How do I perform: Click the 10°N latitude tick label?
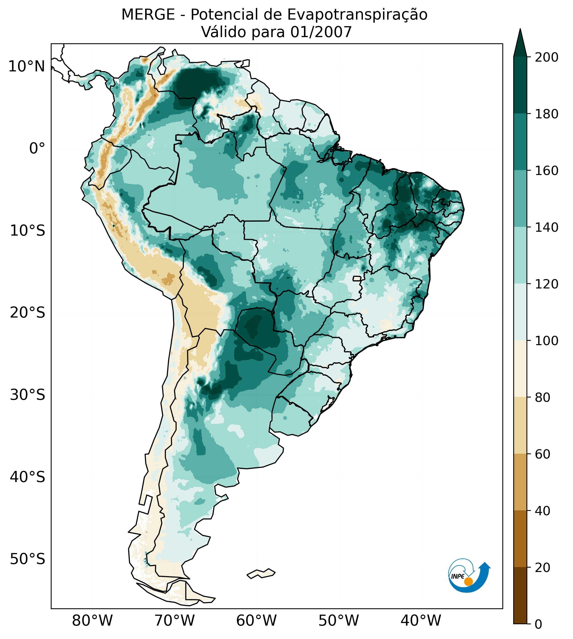coord(27,67)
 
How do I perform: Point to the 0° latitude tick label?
coord(37,148)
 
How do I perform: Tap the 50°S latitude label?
coord(28,559)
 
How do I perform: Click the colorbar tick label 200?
coord(547,57)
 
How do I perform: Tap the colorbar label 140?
coord(547,228)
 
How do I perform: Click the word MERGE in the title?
coord(148,15)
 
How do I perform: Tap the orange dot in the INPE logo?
coord(468,582)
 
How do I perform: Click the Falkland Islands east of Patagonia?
coord(261,574)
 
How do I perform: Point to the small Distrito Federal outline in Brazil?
coord(357,279)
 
